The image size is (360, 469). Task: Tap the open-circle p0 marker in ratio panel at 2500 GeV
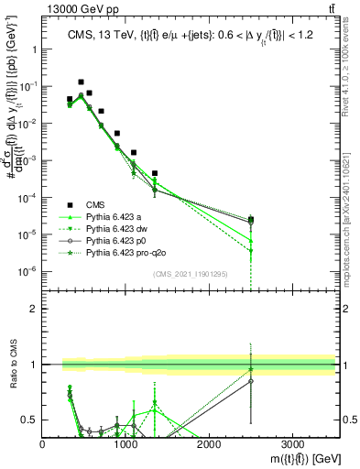[251, 380]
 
